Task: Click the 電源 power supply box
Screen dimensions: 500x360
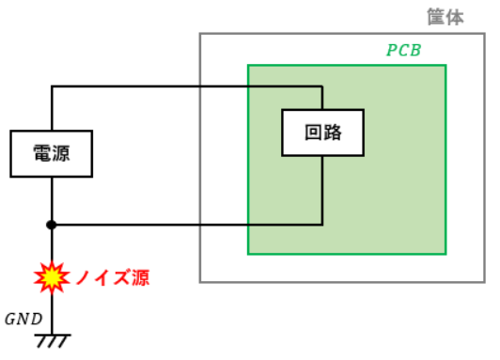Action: pos(52,153)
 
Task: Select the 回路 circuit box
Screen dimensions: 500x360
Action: pos(322,133)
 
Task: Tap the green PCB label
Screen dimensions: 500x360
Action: pos(404,50)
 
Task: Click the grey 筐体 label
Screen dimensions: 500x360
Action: pos(445,17)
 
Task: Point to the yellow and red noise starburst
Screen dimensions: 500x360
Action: pos(52,277)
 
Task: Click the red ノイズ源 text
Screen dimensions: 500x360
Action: pos(113,277)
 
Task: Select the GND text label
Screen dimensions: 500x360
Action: pos(23,319)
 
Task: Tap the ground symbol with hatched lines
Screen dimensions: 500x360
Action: pos(53,341)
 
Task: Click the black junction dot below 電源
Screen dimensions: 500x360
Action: pos(52,225)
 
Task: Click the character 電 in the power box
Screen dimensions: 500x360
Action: pos(42,153)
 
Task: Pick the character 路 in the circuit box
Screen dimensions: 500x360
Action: pos(333,133)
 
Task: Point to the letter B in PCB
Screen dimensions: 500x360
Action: pos(415,50)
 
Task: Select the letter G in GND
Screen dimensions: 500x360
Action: pos(10,319)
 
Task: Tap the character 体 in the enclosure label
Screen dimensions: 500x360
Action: pos(455,17)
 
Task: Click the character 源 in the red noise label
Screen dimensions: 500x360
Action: pos(141,277)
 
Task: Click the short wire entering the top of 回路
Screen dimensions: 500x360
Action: pos(322,98)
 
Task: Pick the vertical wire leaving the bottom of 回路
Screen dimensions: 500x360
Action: pos(322,190)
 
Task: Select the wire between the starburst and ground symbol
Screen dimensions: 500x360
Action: pos(52,314)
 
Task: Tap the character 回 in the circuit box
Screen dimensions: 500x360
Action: pos(314,133)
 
